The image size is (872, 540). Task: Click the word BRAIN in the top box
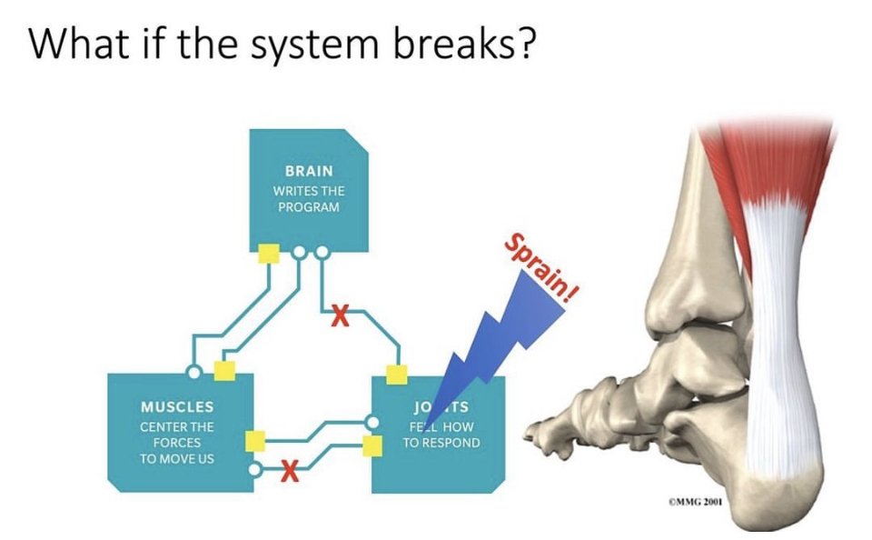click(x=309, y=171)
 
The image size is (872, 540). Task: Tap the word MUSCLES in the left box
click(x=177, y=406)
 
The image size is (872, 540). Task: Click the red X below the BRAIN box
click(x=340, y=317)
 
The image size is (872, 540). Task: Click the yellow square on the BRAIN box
click(x=268, y=253)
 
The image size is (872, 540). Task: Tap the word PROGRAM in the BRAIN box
click(x=308, y=207)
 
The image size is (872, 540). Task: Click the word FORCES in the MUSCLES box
click(x=177, y=443)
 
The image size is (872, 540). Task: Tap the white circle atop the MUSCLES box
click(x=192, y=371)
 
